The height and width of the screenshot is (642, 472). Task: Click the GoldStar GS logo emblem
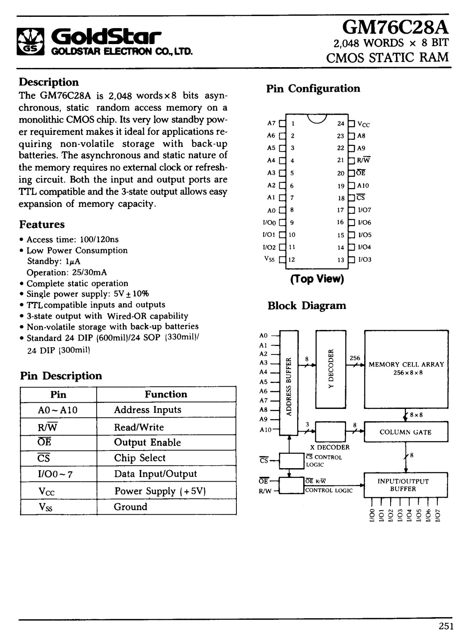(31, 42)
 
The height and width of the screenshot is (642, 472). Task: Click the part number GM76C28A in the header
(395, 28)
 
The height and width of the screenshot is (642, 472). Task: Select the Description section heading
(49, 82)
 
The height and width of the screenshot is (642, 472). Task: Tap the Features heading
(42, 224)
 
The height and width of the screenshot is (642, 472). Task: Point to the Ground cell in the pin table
(131, 507)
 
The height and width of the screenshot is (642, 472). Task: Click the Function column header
(166, 394)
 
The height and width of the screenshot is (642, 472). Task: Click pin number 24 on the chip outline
(341, 123)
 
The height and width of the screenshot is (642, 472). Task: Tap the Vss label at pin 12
(270, 259)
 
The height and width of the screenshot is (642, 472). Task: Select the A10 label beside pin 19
(363, 186)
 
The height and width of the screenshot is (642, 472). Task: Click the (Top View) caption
(317, 278)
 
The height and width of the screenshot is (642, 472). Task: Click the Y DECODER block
(331, 369)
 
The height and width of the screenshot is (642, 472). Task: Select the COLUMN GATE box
(406, 432)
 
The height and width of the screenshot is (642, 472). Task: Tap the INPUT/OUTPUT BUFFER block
(406, 485)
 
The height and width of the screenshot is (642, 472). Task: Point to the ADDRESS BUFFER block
(289, 383)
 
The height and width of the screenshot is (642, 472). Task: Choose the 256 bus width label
(355, 358)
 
